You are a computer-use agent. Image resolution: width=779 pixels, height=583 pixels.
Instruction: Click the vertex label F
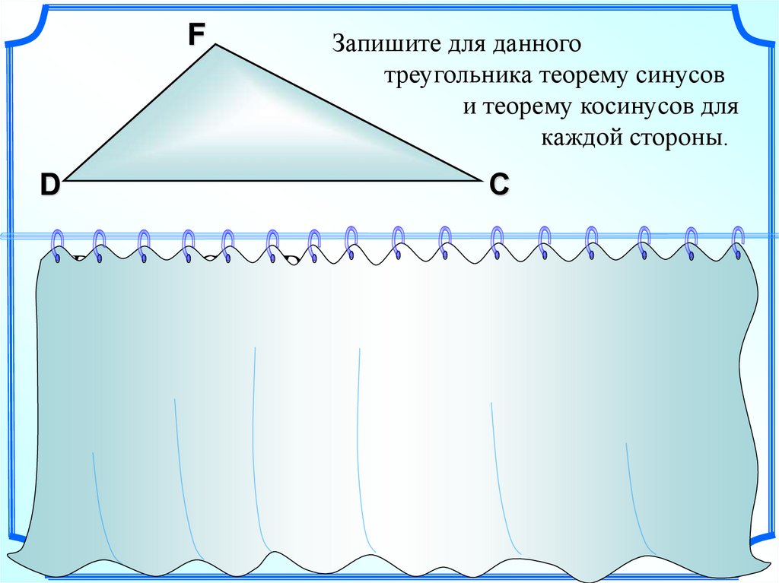(x=196, y=34)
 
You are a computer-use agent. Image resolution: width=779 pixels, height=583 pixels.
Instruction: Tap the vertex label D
(x=49, y=185)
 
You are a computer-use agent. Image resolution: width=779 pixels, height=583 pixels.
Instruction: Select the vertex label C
(x=499, y=184)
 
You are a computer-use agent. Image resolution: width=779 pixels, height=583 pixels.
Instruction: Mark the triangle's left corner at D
(x=65, y=181)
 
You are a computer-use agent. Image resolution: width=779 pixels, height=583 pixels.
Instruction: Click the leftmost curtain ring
(x=57, y=245)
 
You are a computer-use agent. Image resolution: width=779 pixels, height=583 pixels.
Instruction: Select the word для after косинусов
(x=719, y=108)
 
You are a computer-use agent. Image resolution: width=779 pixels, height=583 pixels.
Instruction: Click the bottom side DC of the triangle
(x=274, y=181)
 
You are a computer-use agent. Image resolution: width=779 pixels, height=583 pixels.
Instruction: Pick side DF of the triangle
(x=141, y=113)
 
